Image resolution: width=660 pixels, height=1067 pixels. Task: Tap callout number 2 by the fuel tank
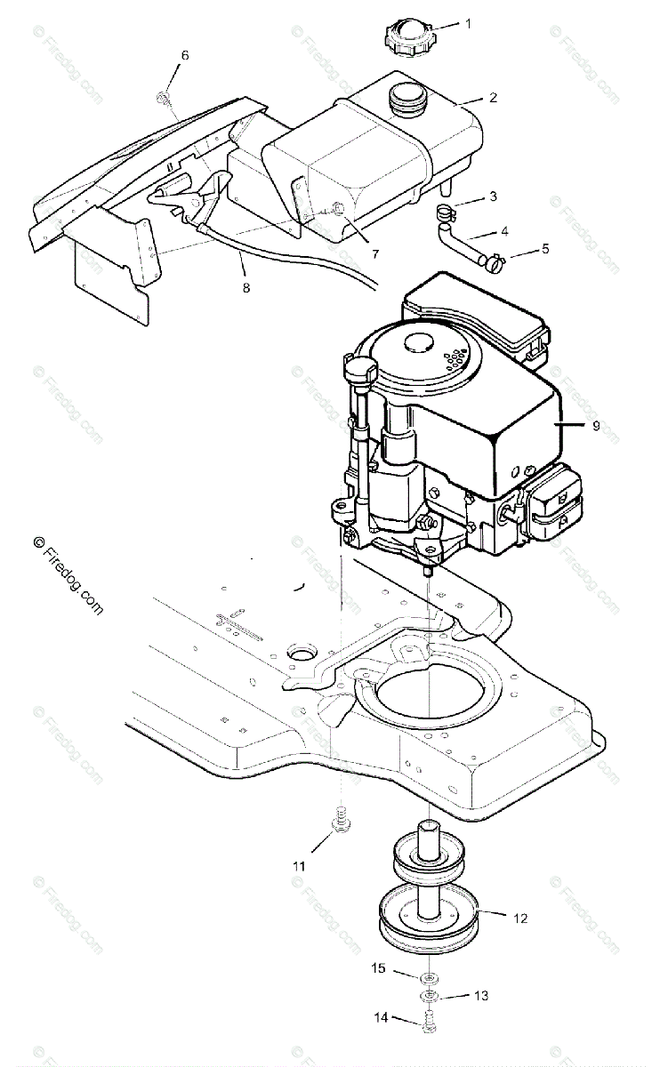pyautogui.click(x=493, y=97)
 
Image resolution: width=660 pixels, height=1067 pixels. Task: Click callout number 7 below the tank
pyautogui.click(x=375, y=253)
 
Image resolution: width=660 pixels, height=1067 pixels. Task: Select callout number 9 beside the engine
pyautogui.click(x=596, y=426)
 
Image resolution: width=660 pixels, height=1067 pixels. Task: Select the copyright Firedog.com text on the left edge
pyautogui.click(x=68, y=575)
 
